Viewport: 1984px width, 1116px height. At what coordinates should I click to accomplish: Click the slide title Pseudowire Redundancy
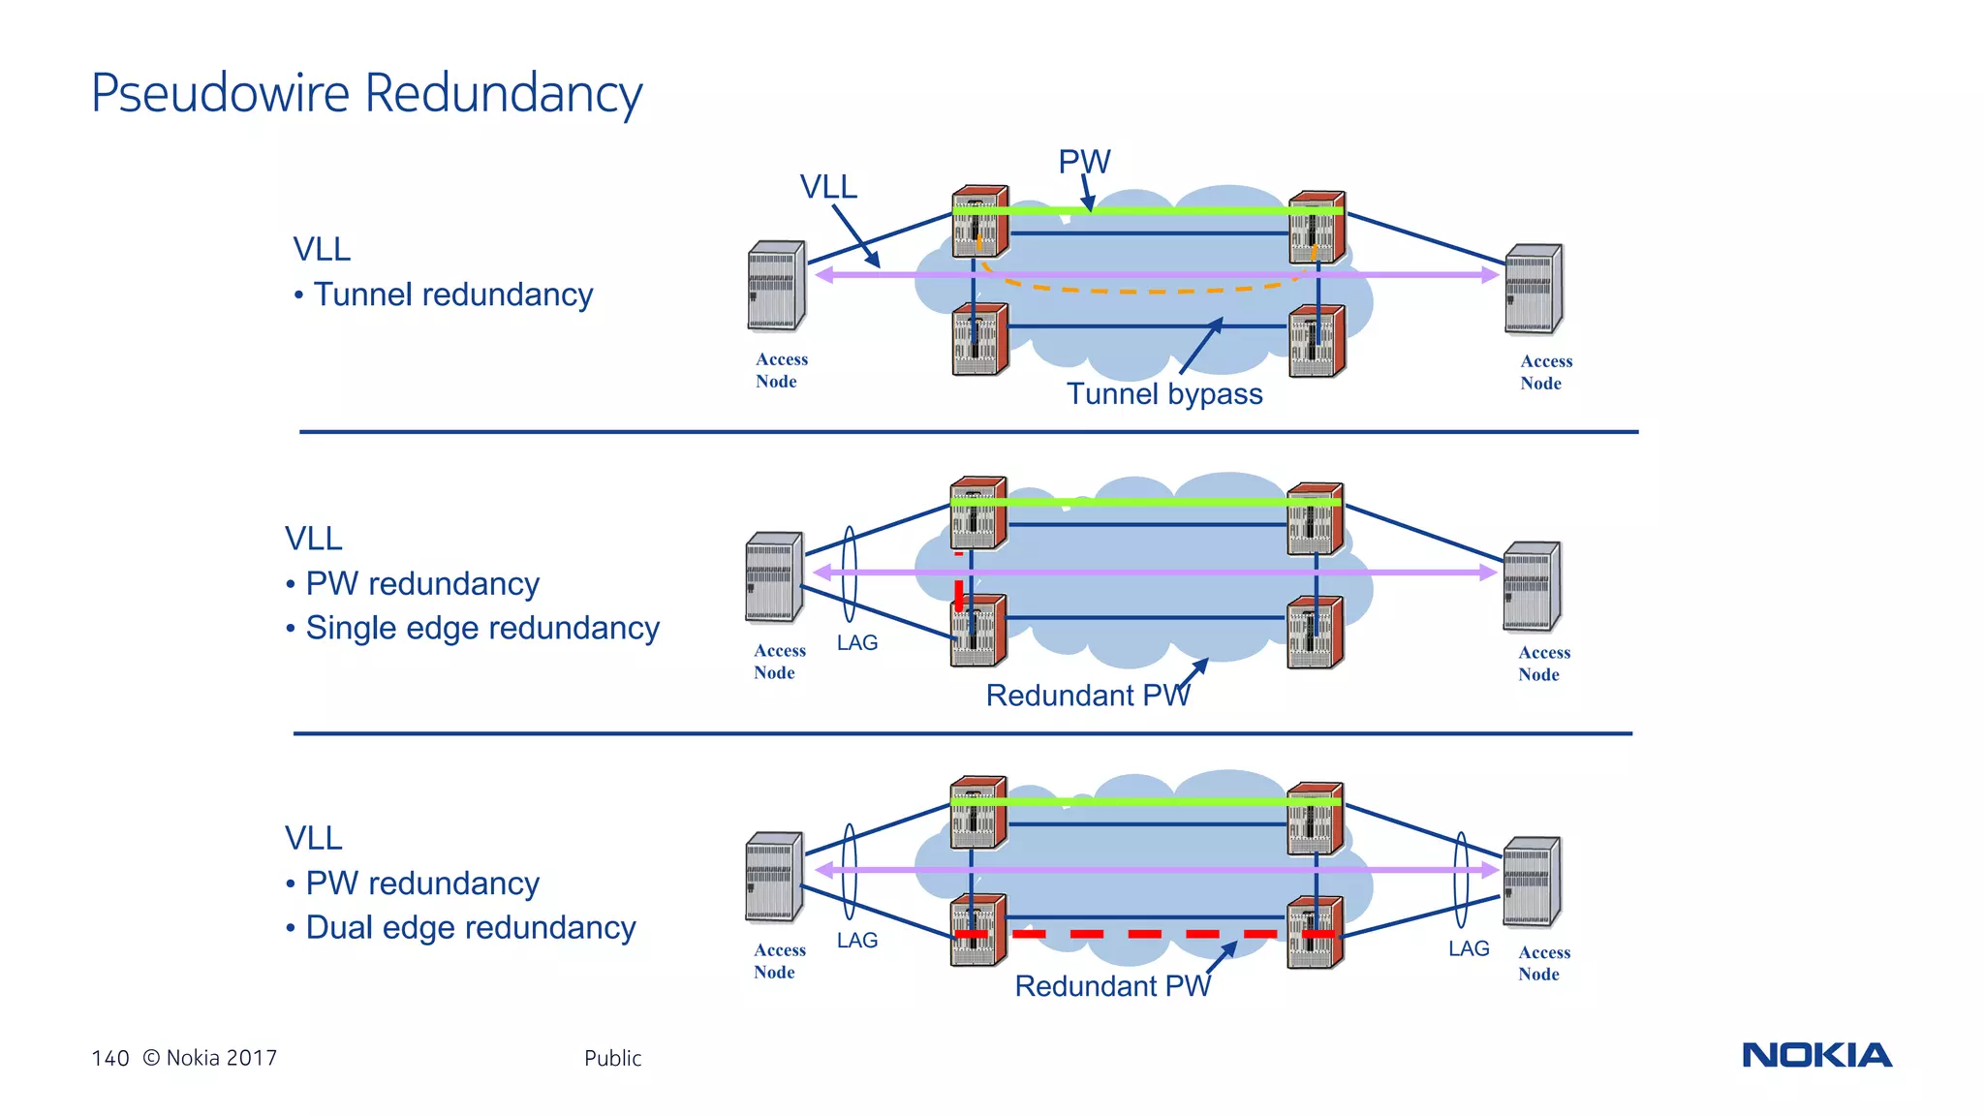366,94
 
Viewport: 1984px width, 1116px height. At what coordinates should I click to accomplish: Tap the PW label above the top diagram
1083,161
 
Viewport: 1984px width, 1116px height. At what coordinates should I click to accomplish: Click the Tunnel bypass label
1164,394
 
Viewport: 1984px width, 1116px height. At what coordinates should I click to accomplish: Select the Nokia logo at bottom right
1816,1055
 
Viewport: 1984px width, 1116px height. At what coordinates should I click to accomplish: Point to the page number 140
109,1058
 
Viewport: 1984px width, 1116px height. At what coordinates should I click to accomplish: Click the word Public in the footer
612,1058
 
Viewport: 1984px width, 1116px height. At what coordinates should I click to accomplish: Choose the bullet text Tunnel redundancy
452,294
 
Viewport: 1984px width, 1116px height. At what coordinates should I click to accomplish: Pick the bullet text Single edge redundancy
482,628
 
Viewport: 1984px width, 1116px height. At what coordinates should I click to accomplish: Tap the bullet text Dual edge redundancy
471,927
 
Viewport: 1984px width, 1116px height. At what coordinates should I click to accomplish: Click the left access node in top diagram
776,286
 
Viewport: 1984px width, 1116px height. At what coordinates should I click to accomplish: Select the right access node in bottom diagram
1532,882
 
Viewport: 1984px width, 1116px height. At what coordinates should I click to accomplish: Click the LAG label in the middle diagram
857,643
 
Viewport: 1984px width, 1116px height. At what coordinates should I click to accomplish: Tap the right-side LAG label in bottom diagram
1469,948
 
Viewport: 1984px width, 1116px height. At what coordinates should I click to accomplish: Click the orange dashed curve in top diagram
1143,290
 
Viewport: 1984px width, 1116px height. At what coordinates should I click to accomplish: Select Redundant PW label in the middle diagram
1087,696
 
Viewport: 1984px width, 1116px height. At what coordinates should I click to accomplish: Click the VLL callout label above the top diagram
828,186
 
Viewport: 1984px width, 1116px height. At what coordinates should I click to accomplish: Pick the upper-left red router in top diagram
979,221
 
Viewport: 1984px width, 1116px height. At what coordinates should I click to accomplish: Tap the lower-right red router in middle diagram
1315,633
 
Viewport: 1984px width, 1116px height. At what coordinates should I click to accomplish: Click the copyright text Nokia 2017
221,1058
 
